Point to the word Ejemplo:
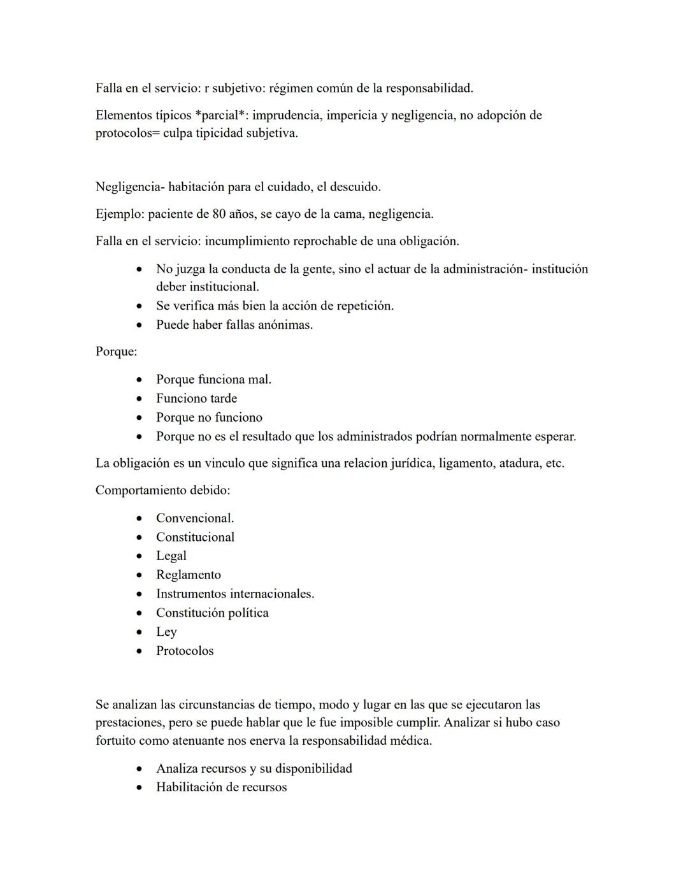coord(120,214)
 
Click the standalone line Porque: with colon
coord(116,352)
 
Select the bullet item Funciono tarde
coord(196,399)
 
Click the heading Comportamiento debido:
coord(162,491)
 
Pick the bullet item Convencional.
coord(195,519)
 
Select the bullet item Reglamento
coord(189,575)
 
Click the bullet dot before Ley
coord(140,633)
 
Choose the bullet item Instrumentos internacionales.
coord(235,594)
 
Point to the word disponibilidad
coord(313,769)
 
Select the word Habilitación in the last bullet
coord(189,787)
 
